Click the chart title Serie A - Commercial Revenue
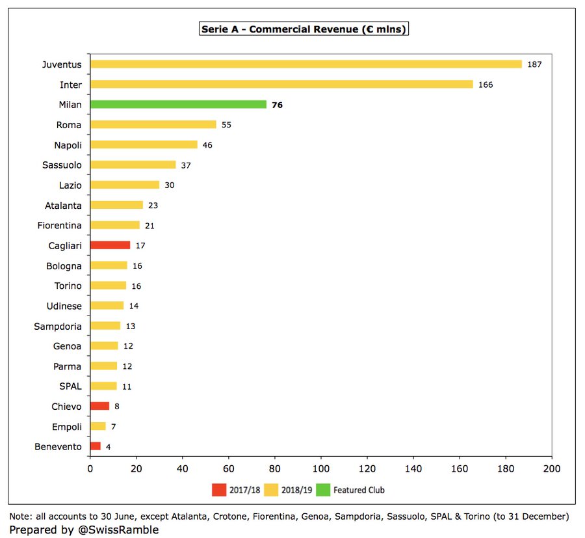point(304,29)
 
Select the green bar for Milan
point(178,104)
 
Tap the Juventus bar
point(305,64)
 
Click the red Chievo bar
point(99,406)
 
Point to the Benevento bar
point(95,446)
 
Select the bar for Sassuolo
point(133,165)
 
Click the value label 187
point(534,64)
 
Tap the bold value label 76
point(278,105)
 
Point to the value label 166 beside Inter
point(486,85)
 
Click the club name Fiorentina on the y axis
point(58,225)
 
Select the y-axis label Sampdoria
point(58,326)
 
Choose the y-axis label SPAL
point(70,386)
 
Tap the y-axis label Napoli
point(68,144)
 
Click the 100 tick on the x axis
point(321,469)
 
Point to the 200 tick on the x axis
point(552,469)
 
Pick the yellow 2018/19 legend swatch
point(272,490)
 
